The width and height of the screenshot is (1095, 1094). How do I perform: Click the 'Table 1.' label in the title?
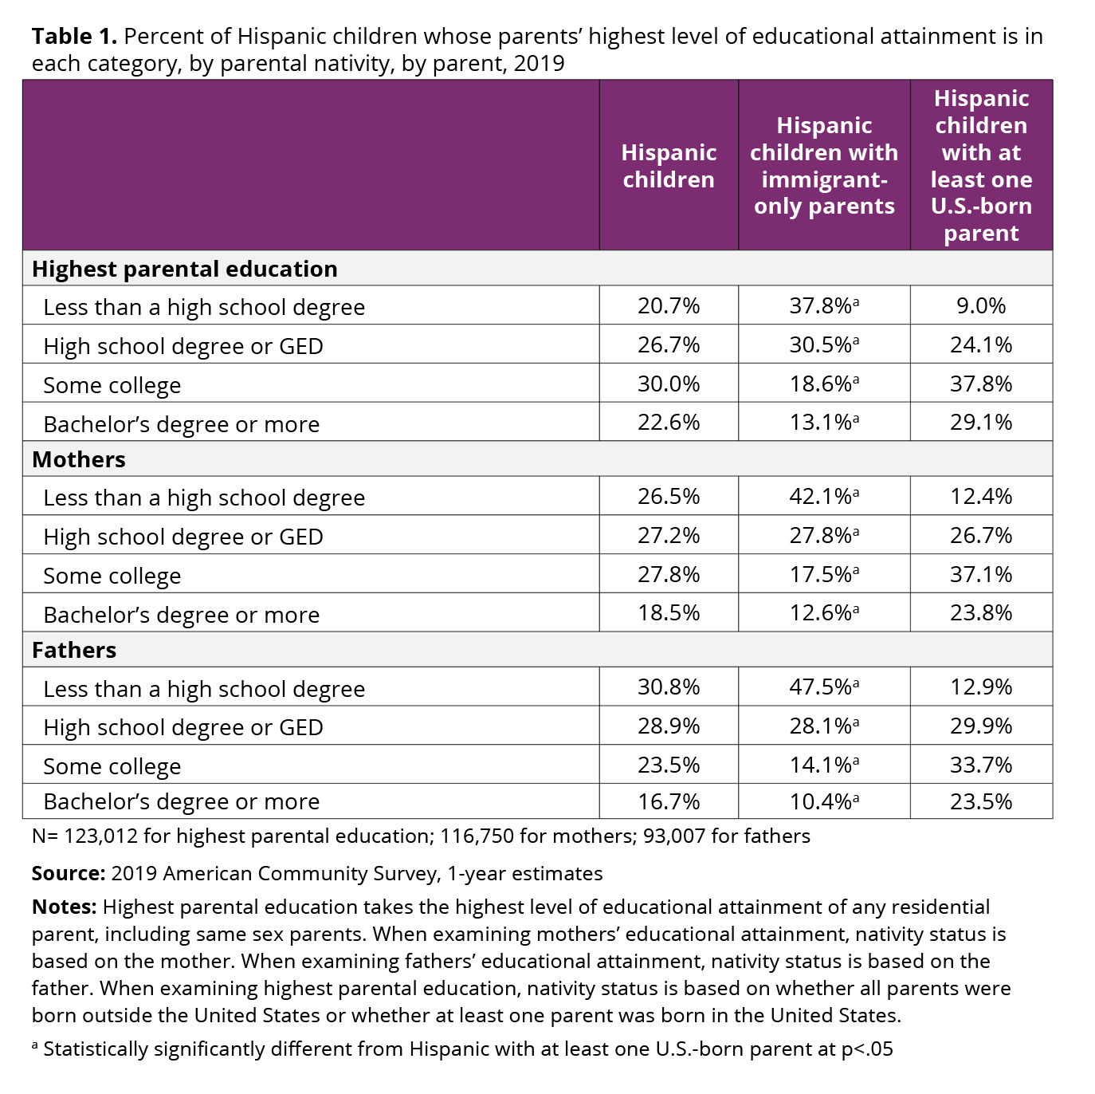[x=74, y=37]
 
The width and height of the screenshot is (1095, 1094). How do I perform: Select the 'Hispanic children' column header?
[x=669, y=166]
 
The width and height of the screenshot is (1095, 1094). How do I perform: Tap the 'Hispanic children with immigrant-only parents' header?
[x=824, y=166]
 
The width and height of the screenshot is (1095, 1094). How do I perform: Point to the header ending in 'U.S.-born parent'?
[x=981, y=166]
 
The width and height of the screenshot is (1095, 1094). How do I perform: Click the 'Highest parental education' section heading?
[x=185, y=269]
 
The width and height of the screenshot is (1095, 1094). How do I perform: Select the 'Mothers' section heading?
[x=78, y=459]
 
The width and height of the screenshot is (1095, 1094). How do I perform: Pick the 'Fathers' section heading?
[x=74, y=650]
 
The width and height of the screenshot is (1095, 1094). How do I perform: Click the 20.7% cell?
[x=669, y=306]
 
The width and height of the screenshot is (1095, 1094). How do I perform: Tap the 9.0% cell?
[x=981, y=306]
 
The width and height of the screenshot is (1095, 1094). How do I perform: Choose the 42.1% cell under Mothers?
[x=824, y=497]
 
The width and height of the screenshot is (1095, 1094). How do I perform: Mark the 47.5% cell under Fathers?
[x=824, y=687]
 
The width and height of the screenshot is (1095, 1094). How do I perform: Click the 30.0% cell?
[x=669, y=384]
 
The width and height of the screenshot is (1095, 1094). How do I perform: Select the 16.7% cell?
[x=669, y=801]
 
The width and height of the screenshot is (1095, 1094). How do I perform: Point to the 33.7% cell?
[x=981, y=765]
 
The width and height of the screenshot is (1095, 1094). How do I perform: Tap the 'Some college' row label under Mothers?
[x=112, y=576]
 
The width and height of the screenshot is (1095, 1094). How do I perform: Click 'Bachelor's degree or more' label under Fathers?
[x=181, y=801]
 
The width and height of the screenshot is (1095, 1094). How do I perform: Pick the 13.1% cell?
[x=824, y=423]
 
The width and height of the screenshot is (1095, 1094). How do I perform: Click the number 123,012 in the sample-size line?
[x=100, y=836]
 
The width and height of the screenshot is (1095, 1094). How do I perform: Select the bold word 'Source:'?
[x=69, y=873]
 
